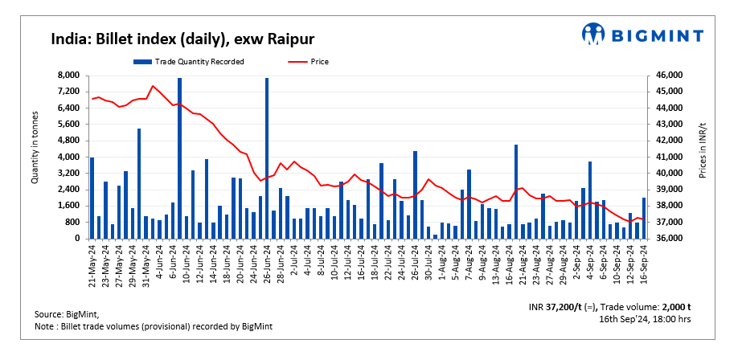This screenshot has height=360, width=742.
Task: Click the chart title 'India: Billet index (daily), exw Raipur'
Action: pos(182,39)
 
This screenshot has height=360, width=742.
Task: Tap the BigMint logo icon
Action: pos(594,34)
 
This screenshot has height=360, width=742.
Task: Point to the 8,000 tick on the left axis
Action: pos(68,76)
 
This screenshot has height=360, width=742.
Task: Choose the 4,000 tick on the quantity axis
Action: pos(68,157)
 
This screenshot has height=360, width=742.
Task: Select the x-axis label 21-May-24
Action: pos(92,264)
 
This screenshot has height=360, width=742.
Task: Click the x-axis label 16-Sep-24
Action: pos(644,264)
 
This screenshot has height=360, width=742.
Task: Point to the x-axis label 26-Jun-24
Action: pos(266,264)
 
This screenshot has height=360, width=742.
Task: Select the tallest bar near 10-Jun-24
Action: pos(179,158)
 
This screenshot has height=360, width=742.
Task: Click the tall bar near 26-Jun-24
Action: pos(266,158)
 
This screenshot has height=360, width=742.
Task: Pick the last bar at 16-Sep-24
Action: pos(644,219)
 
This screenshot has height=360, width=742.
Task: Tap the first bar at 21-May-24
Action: pos(92,198)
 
